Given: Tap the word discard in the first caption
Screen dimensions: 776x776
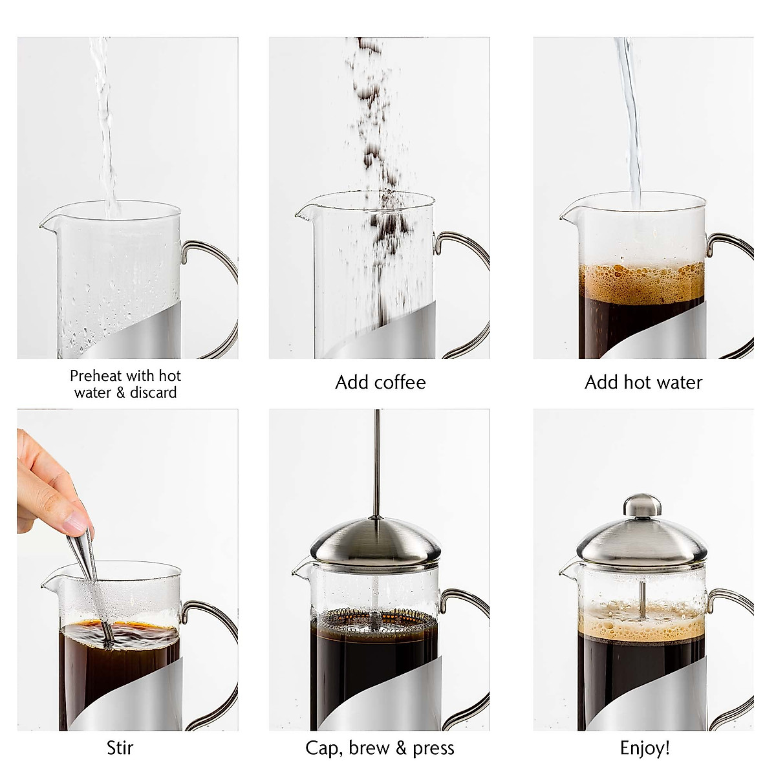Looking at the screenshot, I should pos(155,393).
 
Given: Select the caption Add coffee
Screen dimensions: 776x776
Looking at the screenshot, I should pos(380,382).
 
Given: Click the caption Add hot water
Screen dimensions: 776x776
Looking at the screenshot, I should pos(643,382).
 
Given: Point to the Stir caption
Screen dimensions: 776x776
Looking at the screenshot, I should pos(120,748).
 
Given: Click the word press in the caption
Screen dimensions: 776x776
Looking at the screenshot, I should pos(433,749).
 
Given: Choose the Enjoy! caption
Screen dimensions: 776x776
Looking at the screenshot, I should pos(644,748).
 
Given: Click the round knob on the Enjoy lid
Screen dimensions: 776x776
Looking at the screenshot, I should pos(641,506).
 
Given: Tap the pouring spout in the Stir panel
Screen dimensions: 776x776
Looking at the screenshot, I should pos(47,585).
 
